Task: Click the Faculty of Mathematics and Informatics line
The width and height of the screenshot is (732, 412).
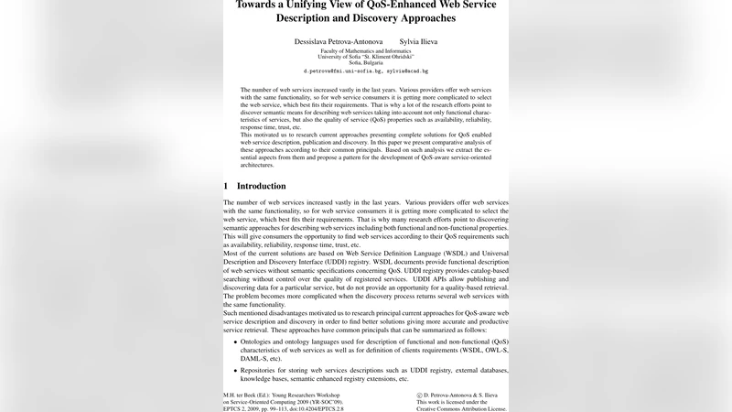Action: (366, 51)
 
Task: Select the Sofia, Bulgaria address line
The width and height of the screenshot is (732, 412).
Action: (366, 62)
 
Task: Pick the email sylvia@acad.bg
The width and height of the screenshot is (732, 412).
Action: (407, 70)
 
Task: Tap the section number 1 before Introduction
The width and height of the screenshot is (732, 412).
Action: (226, 186)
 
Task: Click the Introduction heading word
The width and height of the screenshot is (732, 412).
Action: (261, 186)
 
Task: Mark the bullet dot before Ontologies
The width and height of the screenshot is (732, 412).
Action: (236, 340)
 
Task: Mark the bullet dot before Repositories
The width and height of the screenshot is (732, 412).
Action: (236, 369)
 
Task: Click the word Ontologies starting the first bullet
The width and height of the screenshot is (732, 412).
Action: (263, 340)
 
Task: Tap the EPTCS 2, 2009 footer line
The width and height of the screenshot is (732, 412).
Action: (246, 409)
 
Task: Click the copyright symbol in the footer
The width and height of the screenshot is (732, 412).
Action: (419, 395)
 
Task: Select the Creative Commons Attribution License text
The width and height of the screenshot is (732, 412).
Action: (460, 409)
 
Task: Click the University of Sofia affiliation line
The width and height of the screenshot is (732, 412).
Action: (366, 57)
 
